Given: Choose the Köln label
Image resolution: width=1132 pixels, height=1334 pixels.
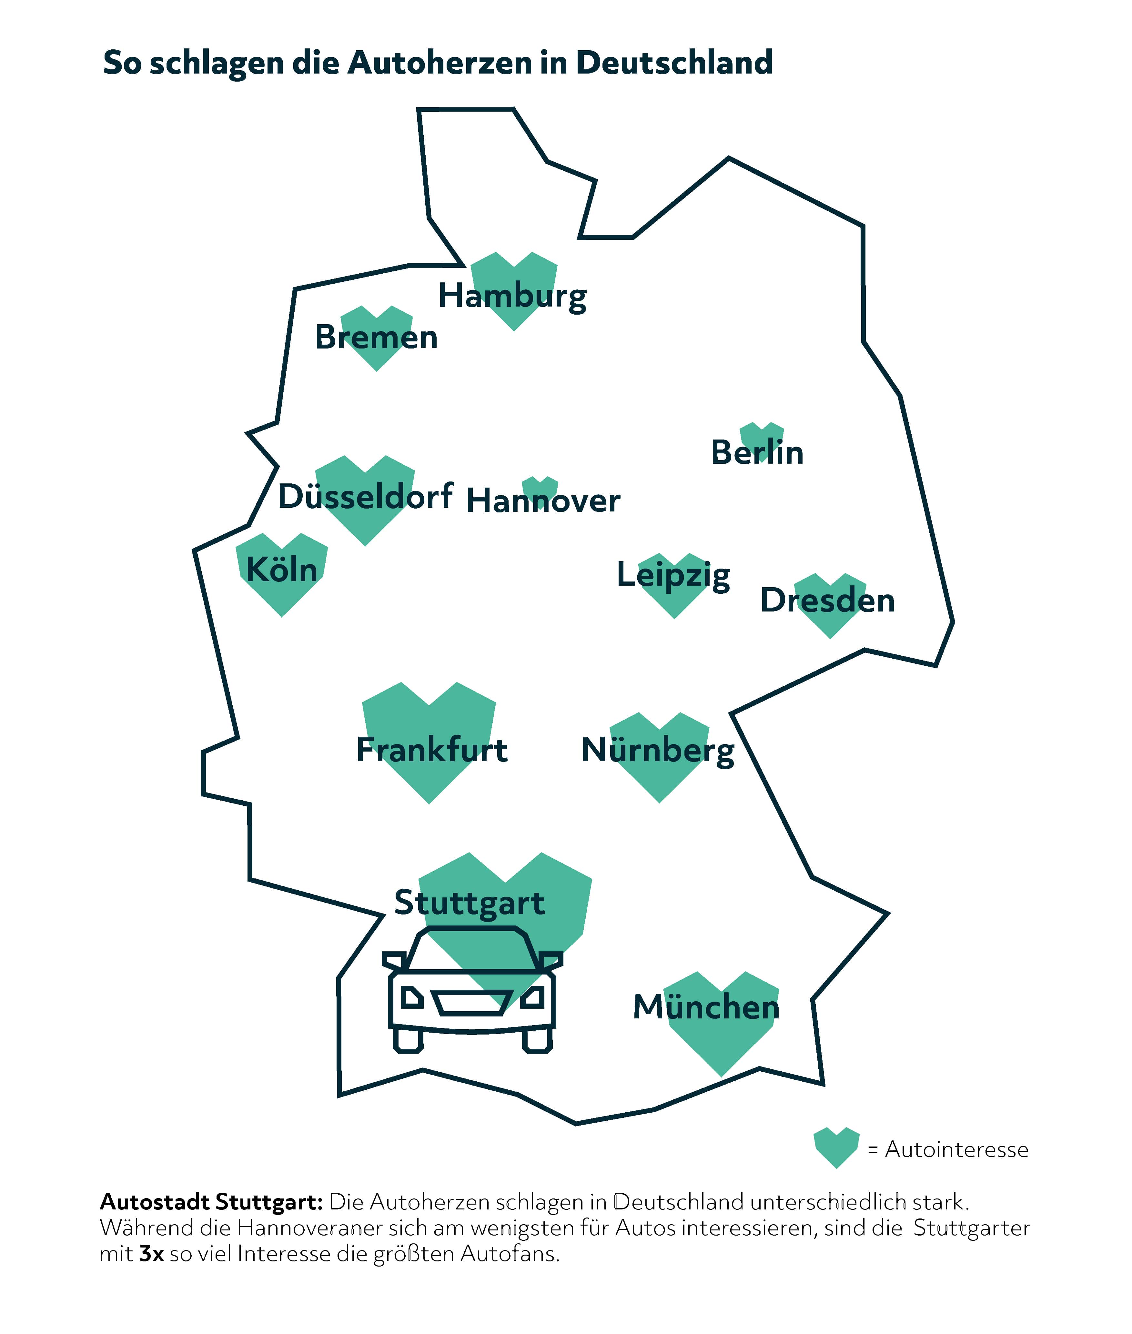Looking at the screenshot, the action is pyautogui.click(x=282, y=569).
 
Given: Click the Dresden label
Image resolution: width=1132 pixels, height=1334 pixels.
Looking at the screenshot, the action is pyautogui.click(x=827, y=601).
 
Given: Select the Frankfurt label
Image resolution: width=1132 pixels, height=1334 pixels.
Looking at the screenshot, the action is pyautogui.click(x=432, y=750).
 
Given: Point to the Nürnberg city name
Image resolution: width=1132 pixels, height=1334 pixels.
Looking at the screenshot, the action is pyautogui.click(x=658, y=750).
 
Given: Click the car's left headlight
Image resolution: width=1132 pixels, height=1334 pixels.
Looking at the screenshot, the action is pyautogui.click(x=411, y=998).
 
